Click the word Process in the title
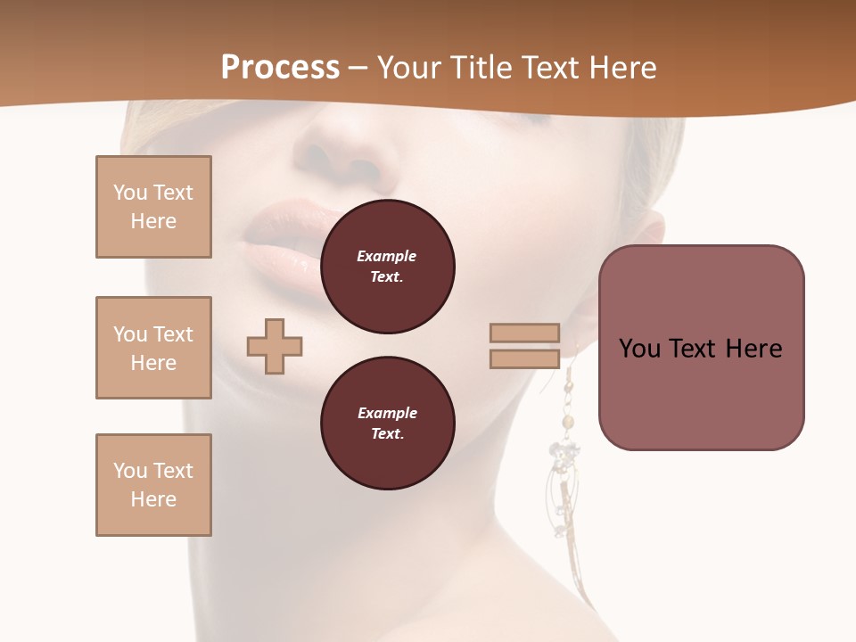coord(280,67)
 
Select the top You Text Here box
coord(153,207)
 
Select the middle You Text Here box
coord(153,348)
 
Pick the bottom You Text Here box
coord(153,485)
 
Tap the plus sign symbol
coord(275,346)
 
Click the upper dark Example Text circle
coord(387,267)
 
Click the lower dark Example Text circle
coord(387,424)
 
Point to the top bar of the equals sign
coord(525,333)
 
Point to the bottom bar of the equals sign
coord(525,358)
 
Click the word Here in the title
coord(623,67)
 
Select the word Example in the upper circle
coord(386,257)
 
